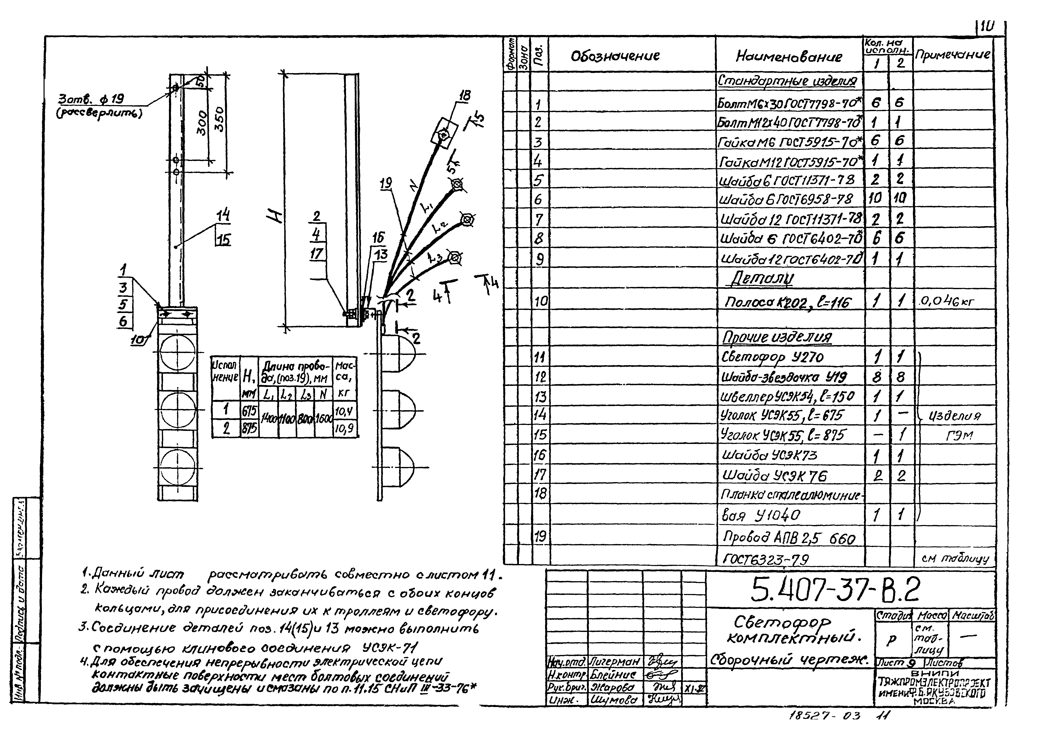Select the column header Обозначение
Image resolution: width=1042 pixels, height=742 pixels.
click(x=615, y=56)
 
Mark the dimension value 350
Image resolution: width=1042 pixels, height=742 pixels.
click(x=220, y=119)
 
